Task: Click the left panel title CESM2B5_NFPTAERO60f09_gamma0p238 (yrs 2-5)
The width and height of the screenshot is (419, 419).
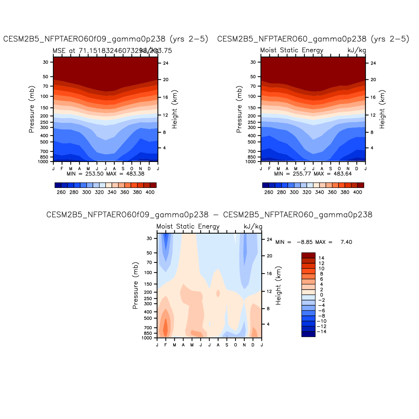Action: click(106, 39)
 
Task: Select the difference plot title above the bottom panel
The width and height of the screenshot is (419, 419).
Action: click(209, 215)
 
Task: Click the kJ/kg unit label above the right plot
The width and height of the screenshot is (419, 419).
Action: click(356, 50)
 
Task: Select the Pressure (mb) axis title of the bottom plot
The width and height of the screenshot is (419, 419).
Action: click(135, 286)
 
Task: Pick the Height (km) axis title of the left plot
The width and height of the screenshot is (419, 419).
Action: click(175, 109)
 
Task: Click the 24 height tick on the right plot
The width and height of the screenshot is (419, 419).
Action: click(373, 63)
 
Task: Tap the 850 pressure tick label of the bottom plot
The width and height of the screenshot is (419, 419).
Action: click(148, 333)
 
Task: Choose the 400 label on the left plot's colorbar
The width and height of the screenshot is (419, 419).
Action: click(150, 192)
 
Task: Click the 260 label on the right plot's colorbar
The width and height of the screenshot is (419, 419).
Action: click(269, 192)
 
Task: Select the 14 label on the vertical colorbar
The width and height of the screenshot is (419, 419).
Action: click(321, 258)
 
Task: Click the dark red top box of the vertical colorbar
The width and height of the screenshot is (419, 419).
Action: click(308, 255)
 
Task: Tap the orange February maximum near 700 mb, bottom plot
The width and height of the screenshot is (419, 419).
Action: click(166, 327)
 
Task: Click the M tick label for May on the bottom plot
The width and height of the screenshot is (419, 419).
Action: click(192, 345)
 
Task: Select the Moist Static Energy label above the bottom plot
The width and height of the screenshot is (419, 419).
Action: click(188, 227)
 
